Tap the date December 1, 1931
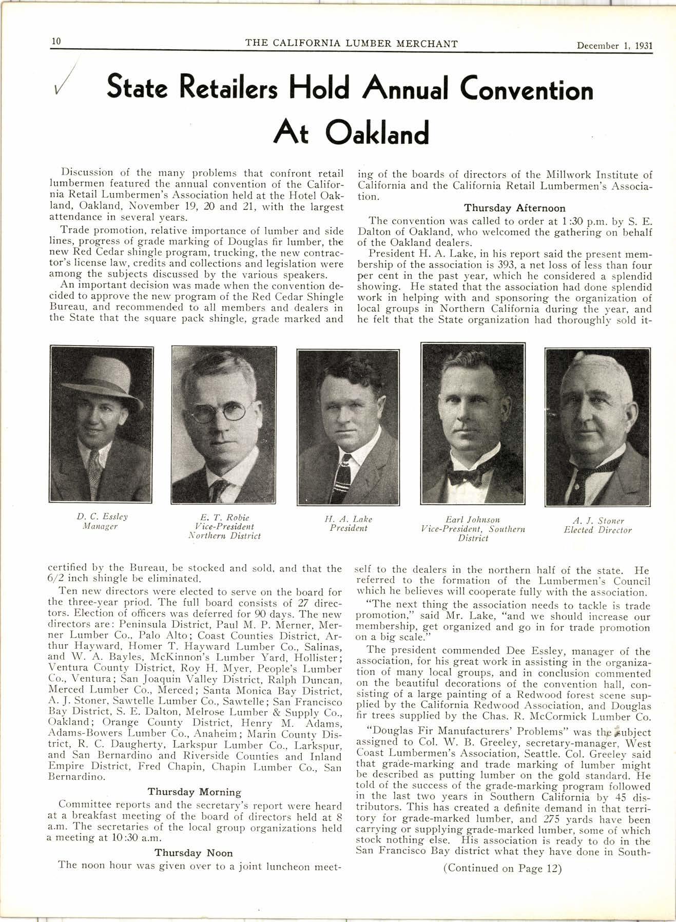(614, 45)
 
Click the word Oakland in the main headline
(377, 133)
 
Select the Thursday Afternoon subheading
(514, 208)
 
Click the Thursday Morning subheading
(194, 792)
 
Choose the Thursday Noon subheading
(194, 853)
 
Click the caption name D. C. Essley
(102, 516)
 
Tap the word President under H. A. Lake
(349, 528)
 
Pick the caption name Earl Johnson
(472, 520)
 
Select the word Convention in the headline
(527, 90)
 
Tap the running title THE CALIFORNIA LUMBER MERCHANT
(351, 44)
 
